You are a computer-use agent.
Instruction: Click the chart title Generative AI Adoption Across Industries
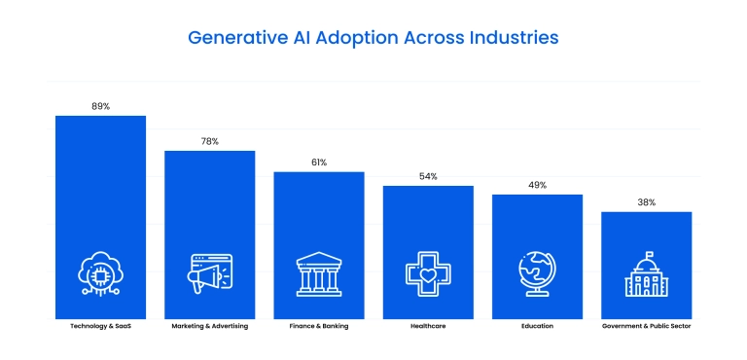click(x=373, y=38)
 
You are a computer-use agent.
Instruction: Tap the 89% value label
click(x=100, y=106)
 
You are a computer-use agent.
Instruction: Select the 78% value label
click(x=209, y=141)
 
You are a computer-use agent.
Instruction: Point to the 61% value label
click(x=319, y=162)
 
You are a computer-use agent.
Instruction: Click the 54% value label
click(x=428, y=176)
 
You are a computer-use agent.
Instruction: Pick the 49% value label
click(x=537, y=185)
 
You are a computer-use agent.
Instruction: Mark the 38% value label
click(x=646, y=202)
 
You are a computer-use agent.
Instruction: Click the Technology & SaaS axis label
click(x=100, y=326)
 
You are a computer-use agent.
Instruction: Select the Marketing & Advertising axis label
click(x=209, y=326)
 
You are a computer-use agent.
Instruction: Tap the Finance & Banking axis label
click(x=319, y=326)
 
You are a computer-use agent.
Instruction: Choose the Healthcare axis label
click(x=428, y=326)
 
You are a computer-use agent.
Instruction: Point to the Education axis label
click(x=537, y=326)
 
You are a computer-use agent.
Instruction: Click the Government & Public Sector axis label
click(x=646, y=326)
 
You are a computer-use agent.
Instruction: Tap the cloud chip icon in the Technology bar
click(x=100, y=273)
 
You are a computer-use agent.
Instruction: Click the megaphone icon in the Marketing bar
click(x=209, y=273)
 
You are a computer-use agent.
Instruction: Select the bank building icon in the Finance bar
click(x=319, y=273)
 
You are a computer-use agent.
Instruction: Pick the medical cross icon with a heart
click(x=428, y=273)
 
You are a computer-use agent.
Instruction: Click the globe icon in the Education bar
click(x=537, y=272)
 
